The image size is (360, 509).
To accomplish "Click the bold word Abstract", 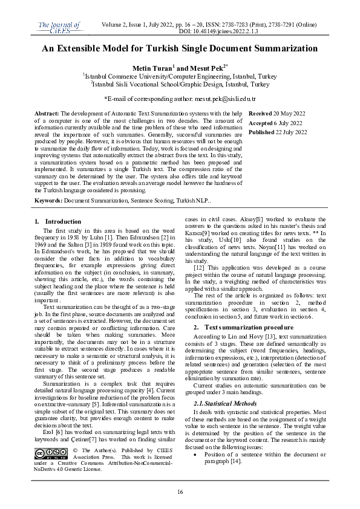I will (47, 114).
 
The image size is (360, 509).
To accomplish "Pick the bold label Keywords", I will (49, 199).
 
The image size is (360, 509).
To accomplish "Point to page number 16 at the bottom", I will (180, 492).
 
